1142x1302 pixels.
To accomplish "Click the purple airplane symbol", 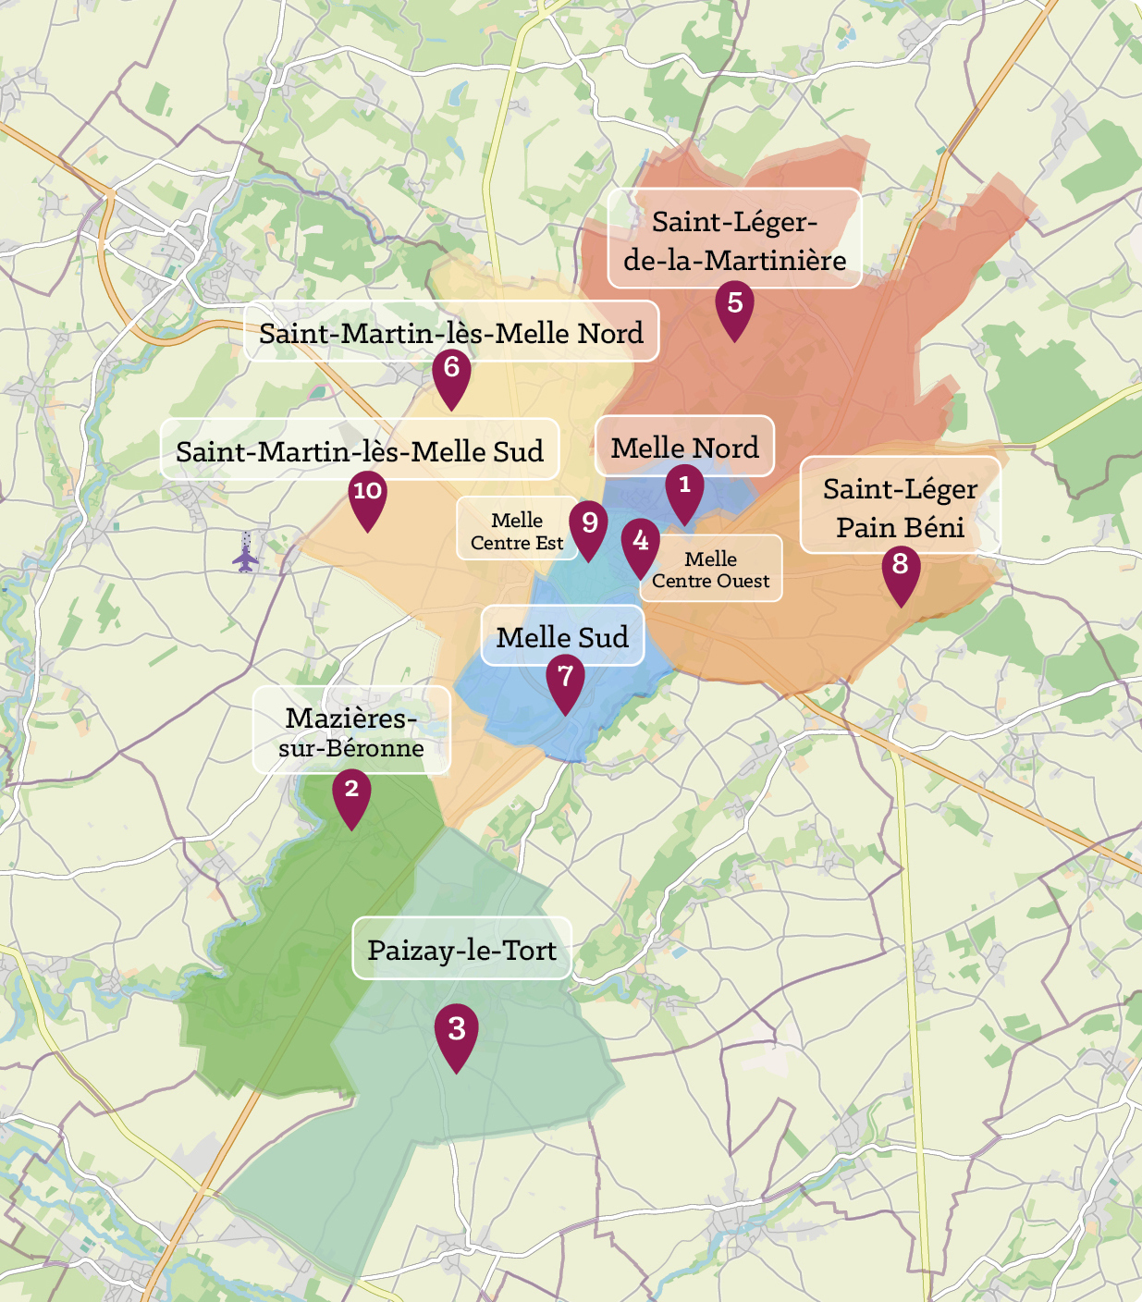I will [x=245, y=558].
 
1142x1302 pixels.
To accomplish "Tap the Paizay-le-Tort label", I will [x=461, y=950].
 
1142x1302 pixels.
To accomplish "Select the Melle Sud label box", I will [x=562, y=636].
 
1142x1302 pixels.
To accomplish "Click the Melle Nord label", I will [x=684, y=448].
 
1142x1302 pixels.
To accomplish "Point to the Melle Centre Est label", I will [x=516, y=531].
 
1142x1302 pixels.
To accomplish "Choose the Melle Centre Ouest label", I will [x=710, y=570].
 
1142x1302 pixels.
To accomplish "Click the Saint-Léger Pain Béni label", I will [x=900, y=507].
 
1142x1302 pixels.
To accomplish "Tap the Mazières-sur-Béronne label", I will [x=351, y=731].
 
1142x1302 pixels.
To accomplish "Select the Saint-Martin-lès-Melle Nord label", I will [x=451, y=333].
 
